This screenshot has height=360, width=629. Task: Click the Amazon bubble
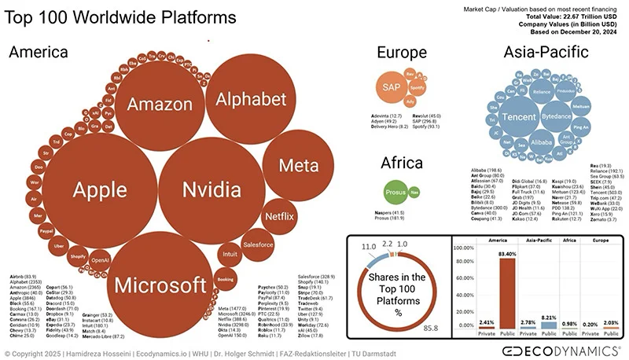coord(154,104)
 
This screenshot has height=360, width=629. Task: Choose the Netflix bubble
coord(274,213)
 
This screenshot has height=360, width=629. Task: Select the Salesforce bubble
coord(258,244)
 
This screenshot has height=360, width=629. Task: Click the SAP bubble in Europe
coord(390,86)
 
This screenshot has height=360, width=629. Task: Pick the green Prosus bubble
coord(396,192)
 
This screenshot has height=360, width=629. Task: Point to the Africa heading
coord(402,163)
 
